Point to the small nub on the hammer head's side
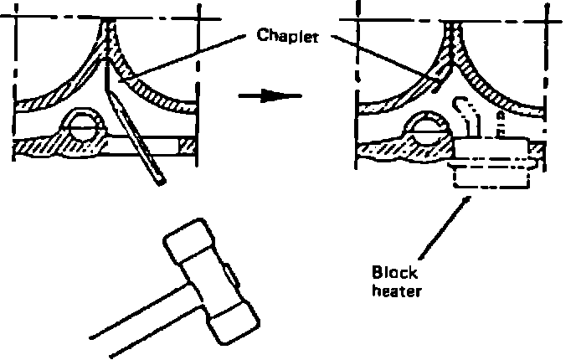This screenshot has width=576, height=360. pyautogui.click(x=229, y=275)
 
